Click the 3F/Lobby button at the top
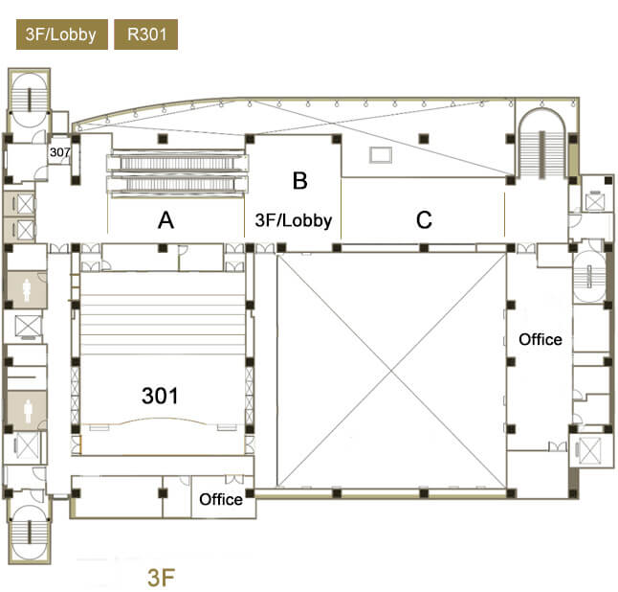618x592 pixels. click(x=62, y=34)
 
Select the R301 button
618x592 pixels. click(x=145, y=34)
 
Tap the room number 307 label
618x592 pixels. click(x=59, y=152)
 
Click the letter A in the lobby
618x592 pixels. click(x=166, y=220)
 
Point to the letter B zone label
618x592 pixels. click(x=300, y=181)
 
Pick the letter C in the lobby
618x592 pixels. click(x=424, y=219)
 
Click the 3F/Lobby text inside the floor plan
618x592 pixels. click(x=294, y=220)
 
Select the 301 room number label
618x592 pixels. click(x=160, y=396)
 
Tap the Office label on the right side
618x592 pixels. click(x=540, y=339)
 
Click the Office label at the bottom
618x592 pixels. click(x=221, y=499)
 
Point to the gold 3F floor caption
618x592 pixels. click(x=161, y=578)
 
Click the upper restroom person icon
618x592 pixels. click(x=27, y=289)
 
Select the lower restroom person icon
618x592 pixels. click(x=28, y=410)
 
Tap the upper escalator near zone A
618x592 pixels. click(x=177, y=163)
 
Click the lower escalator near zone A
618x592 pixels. click(x=177, y=184)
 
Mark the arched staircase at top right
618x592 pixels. click(x=542, y=144)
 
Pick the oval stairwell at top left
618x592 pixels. click(x=29, y=101)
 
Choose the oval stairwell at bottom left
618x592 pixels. click(x=29, y=532)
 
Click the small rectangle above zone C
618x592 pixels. click(x=381, y=155)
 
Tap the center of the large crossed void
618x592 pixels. click(x=391, y=370)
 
